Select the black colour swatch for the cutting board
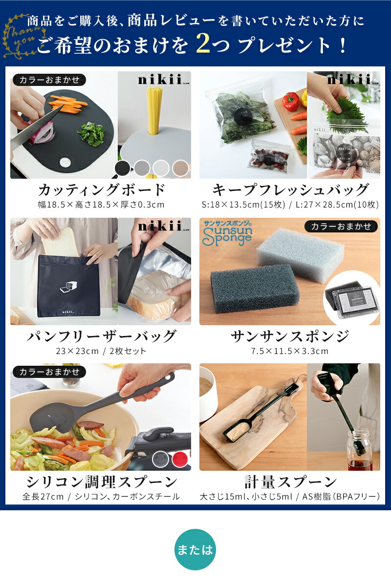[123, 167]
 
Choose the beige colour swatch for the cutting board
[181, 167]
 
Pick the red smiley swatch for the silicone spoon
[180, 459]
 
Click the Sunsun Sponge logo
[227, 233]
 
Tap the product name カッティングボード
[102, 189]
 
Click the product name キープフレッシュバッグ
[290, 189]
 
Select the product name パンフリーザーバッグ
[101, 336]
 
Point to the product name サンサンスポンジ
[290, 336]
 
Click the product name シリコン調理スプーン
[102, 481]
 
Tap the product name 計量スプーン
[290, 481]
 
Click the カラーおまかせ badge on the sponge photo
[341, 226]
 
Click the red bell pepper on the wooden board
[290, 101]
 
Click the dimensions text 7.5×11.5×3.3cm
[290, 351]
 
